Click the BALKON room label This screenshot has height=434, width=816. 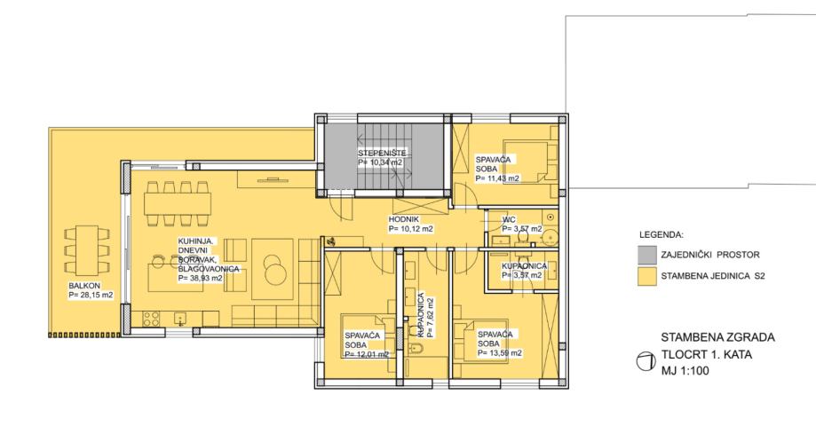point(84,286)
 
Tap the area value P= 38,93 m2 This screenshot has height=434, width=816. point(201,279)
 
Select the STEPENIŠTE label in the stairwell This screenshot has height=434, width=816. point(382,153)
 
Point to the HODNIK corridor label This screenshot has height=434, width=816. point(404,219)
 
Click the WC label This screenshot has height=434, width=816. point(509,220)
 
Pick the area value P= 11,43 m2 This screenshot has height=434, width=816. point(497,178)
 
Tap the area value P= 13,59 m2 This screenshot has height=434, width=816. point(500,353)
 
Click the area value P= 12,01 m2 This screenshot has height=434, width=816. point(367,354)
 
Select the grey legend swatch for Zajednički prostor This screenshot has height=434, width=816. point(647,255)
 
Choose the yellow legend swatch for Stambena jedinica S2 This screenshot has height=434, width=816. point(647,276)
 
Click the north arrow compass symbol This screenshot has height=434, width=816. point(646,362)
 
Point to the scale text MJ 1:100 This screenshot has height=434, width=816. point(685,371)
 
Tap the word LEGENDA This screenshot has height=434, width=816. point(662,234)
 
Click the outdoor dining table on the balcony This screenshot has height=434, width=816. point(87,249)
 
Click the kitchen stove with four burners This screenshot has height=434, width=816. point(152,318)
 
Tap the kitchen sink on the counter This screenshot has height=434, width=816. point(180,318)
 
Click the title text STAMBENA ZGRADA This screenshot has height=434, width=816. point(717,337)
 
